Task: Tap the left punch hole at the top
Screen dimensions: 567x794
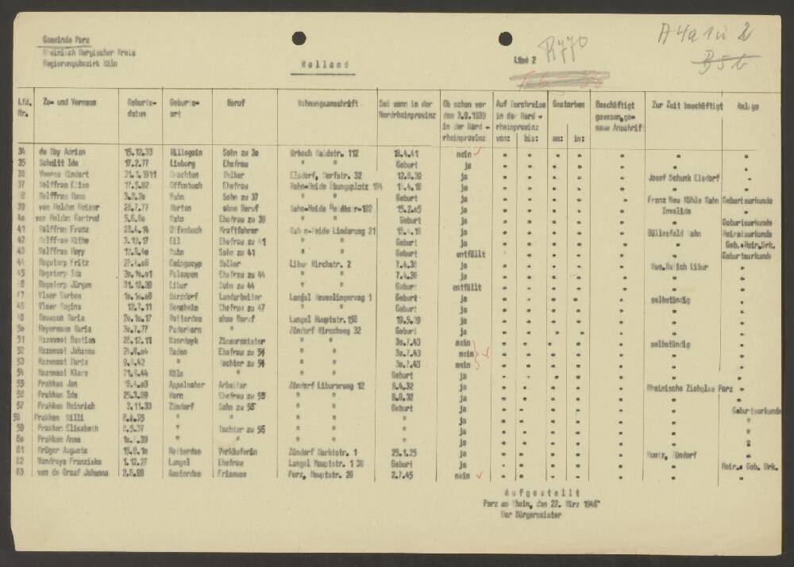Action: pos(299,37)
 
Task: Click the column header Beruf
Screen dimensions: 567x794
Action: pos(236,103)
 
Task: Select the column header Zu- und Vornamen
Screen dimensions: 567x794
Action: pos(71,103)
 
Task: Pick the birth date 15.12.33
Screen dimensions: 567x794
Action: pos(138,150)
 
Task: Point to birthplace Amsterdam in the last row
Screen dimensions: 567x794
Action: pos(184,473)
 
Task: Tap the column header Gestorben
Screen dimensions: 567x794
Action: pos(569,104)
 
